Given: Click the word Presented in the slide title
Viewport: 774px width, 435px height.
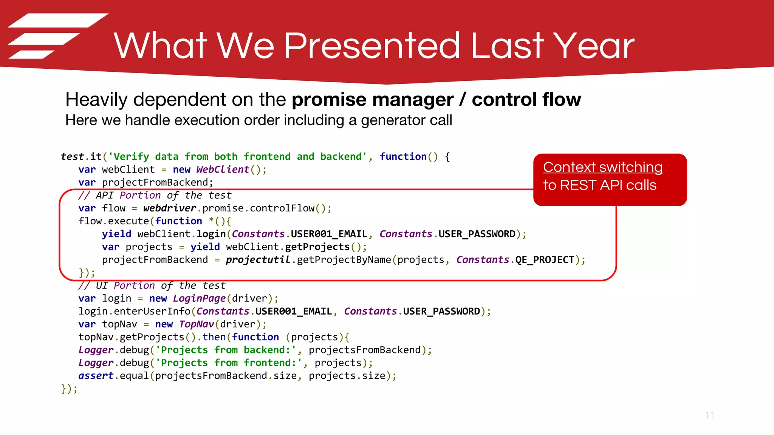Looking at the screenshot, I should pos(372,46).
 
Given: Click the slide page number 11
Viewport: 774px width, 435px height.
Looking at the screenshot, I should pos(710,416).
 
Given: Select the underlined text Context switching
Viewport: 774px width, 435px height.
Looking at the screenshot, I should pos(603,167).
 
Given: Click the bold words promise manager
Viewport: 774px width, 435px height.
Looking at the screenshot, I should pos(372,100).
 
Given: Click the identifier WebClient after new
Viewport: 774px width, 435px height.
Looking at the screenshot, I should pos(223,170).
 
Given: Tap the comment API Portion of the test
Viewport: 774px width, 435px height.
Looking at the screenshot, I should pos(155,195).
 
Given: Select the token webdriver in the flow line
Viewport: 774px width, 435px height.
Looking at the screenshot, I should pos(170,208).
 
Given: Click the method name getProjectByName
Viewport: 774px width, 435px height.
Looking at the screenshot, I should pos(344,260).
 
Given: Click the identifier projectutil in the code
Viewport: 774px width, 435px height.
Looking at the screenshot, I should pos(258,260).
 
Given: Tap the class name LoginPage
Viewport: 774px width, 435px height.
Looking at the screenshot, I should pos(199,298).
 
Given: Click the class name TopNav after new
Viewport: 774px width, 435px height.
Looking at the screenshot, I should pos(197,324).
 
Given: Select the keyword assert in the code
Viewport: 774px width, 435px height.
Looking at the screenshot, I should pos(96,376).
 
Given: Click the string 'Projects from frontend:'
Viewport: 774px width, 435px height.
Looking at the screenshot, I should pos(229,363).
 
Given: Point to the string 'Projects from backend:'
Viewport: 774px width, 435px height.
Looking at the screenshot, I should pos(226,350).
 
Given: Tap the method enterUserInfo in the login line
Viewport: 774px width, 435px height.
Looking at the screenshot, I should pos(152,311).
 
